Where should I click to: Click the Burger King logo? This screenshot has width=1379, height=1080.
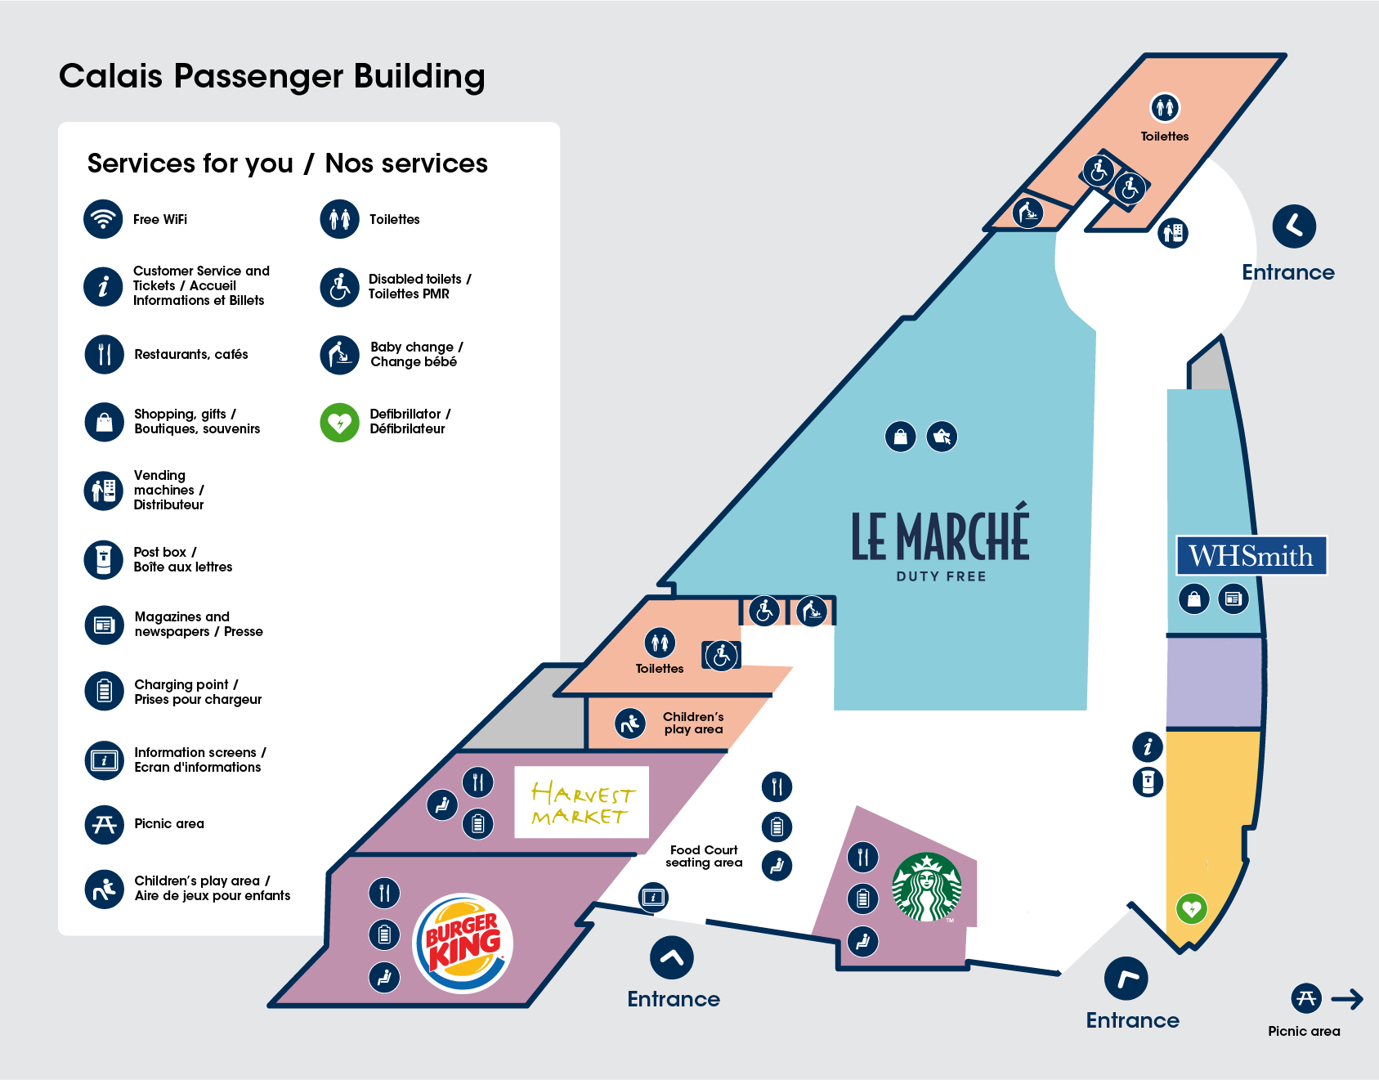tap(463, 943)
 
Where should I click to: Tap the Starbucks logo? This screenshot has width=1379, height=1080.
tap(925, 887)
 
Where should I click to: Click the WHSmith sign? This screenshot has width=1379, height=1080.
tap(1251, 556)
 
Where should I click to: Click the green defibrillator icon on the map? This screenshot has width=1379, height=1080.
tap(1191, 908)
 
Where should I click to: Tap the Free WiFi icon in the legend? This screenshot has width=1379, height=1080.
tap(104, 219)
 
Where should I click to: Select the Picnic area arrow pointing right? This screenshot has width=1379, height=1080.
tap(1347, 998)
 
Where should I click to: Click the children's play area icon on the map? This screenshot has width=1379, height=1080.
tap(630, 723)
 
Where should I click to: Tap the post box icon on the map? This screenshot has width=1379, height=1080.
tap(1148, 782)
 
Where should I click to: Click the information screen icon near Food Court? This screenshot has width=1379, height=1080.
tap(653, 897)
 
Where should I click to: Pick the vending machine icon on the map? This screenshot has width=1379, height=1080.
tap(1173, 233)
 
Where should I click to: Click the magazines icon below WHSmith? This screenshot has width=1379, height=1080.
tap(1233, 598)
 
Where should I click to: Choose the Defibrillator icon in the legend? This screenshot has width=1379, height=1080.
tap(340, 423)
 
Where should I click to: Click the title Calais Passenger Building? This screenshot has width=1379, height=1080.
tap(272, 76)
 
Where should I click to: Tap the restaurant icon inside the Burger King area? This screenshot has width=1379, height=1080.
tap(384, 892)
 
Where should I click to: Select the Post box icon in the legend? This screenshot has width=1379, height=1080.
tap(104, 559)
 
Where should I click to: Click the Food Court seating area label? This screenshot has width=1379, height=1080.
tap(704, 856)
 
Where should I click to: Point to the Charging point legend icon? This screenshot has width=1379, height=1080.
tap(104, 691)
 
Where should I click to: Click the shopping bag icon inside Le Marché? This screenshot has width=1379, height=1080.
tap(900, 437)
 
